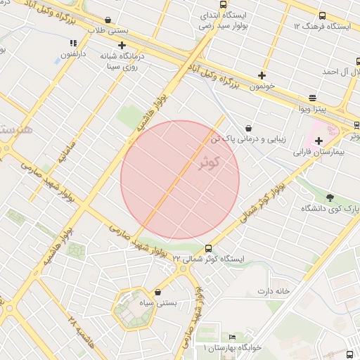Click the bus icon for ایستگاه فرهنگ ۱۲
[322, 15]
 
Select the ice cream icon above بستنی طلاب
[108, 20]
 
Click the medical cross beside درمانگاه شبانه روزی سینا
[122, 44]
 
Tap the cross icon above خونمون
[262, 75]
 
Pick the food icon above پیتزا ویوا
[312, 98]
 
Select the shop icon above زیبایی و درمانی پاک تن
[249, 128]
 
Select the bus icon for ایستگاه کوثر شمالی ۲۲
[208, 248]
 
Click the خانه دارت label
[274, 290]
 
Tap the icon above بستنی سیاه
[157, 292]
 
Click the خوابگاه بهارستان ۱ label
[232, 348]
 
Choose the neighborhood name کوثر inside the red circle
[210, 162]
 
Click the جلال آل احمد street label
[340, 72]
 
